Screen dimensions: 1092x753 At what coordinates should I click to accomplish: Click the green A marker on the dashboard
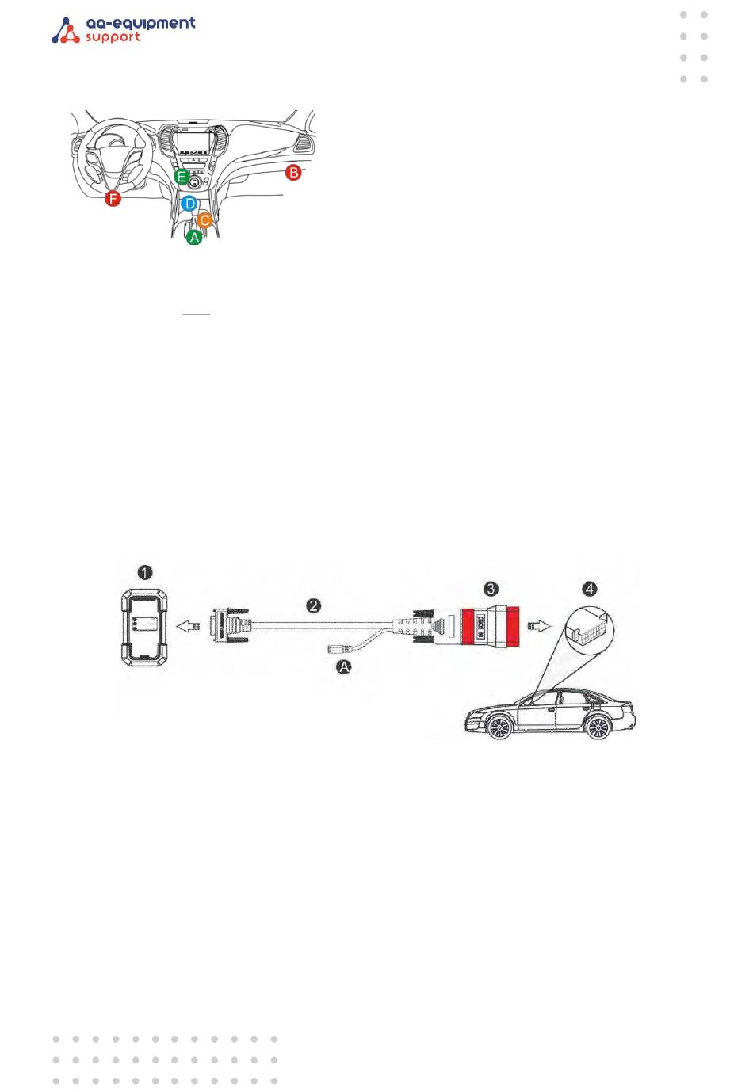pos(194,237)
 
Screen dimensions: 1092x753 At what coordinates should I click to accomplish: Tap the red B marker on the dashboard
pos(293,172)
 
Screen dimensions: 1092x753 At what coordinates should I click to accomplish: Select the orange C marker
pos(204,220)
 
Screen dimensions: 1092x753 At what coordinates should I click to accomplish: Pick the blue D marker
pos(189,204)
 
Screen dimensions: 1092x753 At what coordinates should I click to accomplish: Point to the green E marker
pos(182,176)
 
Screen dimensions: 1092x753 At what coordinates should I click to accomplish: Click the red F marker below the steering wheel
pos(113,199)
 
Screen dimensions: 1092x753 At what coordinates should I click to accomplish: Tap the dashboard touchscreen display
pos(194,143)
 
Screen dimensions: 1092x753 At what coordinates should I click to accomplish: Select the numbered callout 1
pos(144,572)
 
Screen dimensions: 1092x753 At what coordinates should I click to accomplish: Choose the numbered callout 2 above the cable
pos(314,605)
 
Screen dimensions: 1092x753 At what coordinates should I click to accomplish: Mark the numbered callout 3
pos(491,588)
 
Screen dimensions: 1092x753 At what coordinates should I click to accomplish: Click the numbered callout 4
pos(589,589)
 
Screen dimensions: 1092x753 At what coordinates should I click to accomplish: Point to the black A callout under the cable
pos(344,667)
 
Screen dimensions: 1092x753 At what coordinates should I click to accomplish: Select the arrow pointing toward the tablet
pos(186,626)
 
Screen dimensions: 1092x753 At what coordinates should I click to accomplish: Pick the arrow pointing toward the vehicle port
pos(540,626)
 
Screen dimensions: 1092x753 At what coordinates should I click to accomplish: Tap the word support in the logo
pos(113,37)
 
